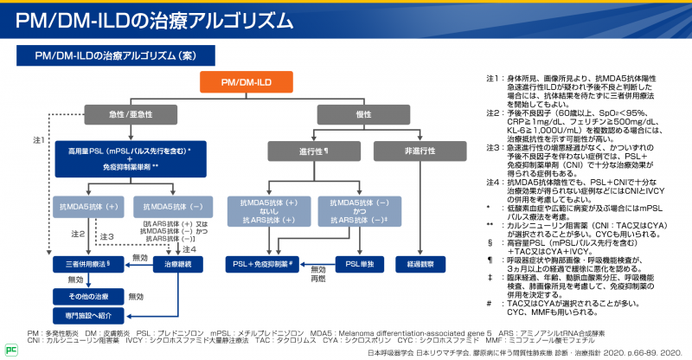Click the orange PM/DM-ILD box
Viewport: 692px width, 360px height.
pyautogui.click(x=247, y=81)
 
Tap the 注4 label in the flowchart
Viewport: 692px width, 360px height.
pyautogui.click(x=190, y=249)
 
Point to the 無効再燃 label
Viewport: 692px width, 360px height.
pyautogui.click(x=319, y=274)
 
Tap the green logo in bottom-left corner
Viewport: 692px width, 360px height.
pyautogui.click(x=11, y=348)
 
